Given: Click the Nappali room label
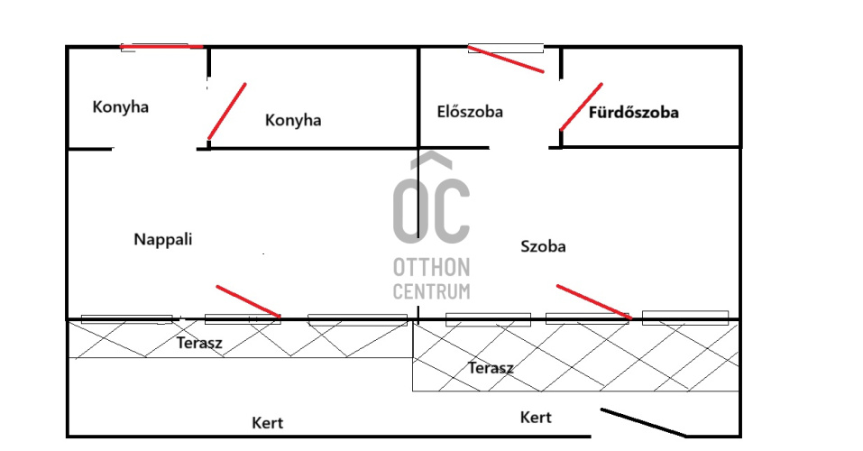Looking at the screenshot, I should [163, 240].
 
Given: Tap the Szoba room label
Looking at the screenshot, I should [544, 246].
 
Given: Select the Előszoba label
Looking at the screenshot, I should [470, 113].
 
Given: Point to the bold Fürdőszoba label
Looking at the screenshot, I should [633, 114].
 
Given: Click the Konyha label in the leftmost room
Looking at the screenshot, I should [121, 107].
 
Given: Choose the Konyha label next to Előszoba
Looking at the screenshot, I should [293, 121].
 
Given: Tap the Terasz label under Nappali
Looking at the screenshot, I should [199, 344].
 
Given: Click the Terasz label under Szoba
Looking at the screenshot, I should [491, 368].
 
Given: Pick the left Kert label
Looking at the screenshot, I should [268, 423].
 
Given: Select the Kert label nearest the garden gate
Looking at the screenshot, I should [536, 418].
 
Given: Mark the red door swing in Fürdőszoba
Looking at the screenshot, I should [581, 106].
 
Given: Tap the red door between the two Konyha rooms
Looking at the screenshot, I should [226, 112].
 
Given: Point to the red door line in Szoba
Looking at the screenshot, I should [592, 301].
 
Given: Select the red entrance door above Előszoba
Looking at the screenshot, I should [506, 60].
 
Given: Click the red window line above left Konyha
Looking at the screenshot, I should [162, 46].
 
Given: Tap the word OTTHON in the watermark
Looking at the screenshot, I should [431, 268].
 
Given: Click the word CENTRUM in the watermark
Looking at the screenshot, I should [431, 291].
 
